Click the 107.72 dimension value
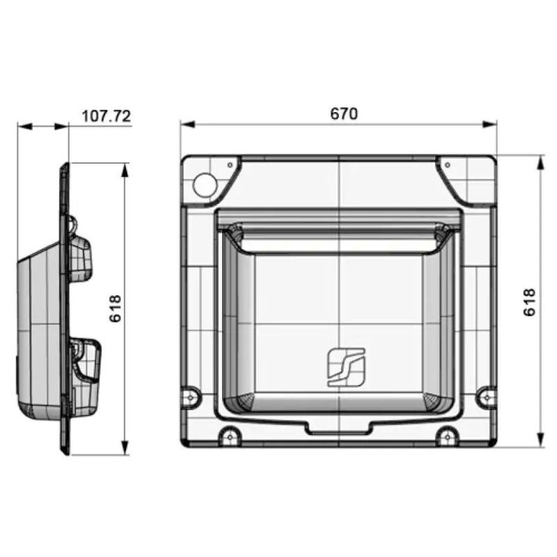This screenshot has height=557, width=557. point(106,116)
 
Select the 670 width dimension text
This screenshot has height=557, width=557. point(343,113)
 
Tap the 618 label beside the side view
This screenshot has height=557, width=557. point(116,308)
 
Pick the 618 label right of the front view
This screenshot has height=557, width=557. point(530,302)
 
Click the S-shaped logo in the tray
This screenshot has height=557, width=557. point(346,365)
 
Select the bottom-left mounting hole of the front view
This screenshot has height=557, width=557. point(228,437)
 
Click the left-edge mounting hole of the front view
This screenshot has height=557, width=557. point(191,398)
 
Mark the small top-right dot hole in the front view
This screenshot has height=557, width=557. point(448,165)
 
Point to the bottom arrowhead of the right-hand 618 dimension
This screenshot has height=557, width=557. point(541,443)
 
